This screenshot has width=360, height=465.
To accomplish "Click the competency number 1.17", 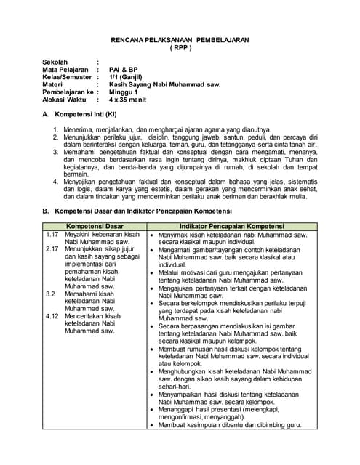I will click(52, 235).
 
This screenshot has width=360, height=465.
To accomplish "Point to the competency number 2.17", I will click(52, 249).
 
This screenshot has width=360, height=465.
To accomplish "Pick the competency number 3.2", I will click(50, 294).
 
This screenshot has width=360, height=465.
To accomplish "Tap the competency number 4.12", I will click(52, 316).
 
